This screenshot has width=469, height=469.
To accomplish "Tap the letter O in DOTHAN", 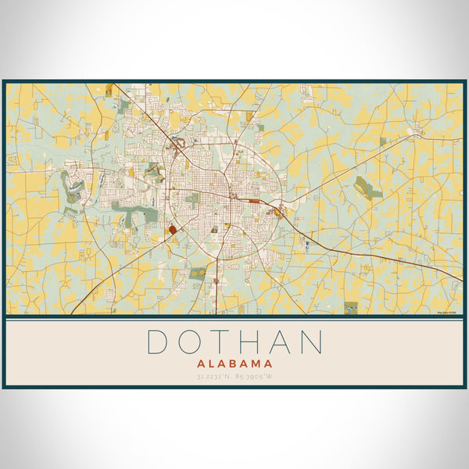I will pyautogui.click(x=192, y=342).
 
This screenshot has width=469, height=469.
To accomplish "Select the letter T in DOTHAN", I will pyautogui.click(x=224, y=342).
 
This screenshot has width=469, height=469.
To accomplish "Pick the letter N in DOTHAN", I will pyautogui.click(x=311, y=342).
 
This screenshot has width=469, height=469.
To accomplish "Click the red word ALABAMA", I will pyautogui.click(x=234, y=363).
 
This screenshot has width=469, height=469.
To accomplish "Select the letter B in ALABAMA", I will pyautogui.click(x=239, y=363).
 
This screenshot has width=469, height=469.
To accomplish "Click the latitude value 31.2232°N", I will pyautogui.click(x=214, y=378).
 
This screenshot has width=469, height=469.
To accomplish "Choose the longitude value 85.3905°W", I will pyautogui.click(x=256, y=378).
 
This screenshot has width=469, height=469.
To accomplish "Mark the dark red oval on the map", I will pyautogui.click(x=172, y=230).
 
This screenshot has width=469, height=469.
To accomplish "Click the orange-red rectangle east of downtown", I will pyautogui.click(x=255, y=201).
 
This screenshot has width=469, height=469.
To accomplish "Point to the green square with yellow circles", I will pyautogui.click(x=199, y=273).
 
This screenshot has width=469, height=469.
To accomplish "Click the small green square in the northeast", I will pyautogui.click(x=383, y=141).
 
